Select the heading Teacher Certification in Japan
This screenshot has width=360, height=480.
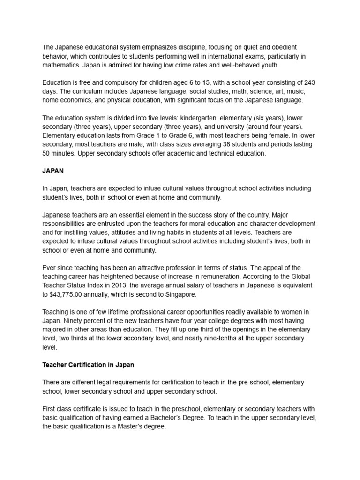(88, 364)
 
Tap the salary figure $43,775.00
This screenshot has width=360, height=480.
(72, 294)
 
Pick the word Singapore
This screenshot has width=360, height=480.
(180, 294)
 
